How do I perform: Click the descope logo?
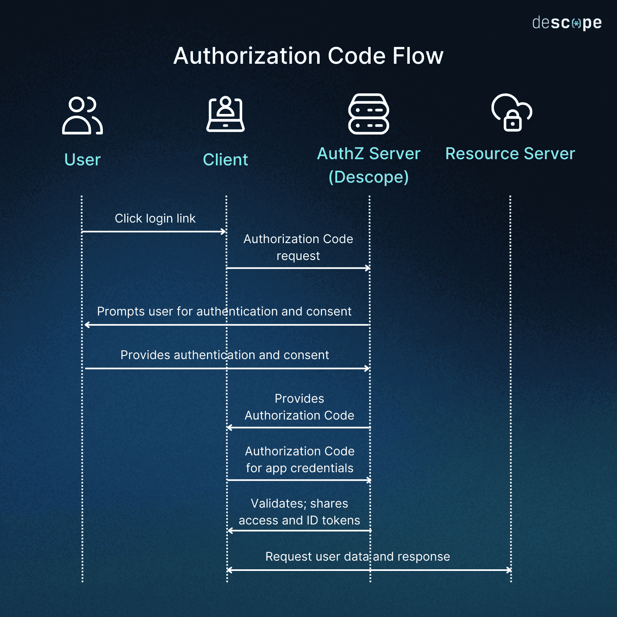567,23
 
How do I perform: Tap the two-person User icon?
82,116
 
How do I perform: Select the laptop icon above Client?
225,114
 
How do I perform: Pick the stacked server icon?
369,114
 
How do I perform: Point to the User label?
82,160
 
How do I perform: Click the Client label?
225,160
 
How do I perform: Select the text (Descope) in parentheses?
369,177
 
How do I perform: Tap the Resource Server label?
510,153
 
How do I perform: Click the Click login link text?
155,218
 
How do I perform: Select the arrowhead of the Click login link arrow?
224,232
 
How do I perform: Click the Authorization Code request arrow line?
298,268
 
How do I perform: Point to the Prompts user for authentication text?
224,311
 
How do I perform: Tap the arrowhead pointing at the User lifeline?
87,325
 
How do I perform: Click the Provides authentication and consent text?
225,355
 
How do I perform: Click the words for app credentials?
299,468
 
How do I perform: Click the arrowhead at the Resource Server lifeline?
509,570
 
